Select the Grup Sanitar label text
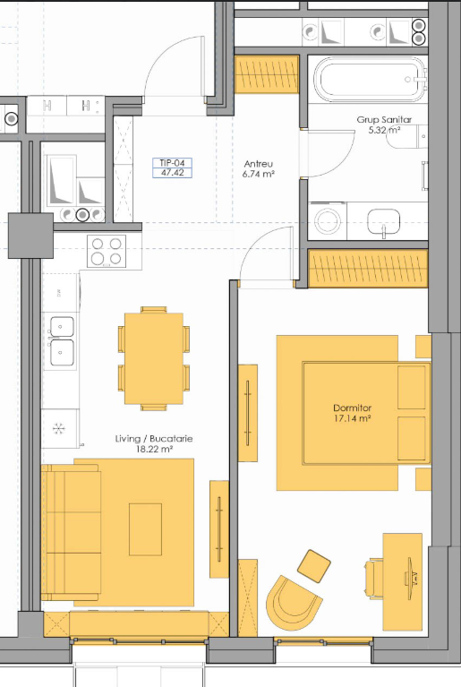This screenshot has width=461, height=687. [384, 120]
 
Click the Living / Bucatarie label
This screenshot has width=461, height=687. [154, 439]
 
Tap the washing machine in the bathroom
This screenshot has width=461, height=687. [328, 221]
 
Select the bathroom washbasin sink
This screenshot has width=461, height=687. [383, 222]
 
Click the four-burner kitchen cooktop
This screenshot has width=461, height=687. [107, 252]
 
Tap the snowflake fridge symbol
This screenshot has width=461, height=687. [59, 428]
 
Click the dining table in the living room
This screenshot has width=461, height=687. [154, 358]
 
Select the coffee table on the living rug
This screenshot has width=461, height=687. [145, 529]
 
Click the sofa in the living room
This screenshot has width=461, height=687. [71, 532]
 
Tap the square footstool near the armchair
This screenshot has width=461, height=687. [314, 566]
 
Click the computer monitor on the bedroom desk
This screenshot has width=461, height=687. [411, 579]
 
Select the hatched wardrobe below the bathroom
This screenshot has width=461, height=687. [368, 269]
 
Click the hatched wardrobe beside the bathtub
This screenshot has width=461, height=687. [267, 74]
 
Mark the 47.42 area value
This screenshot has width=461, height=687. [172, 173]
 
